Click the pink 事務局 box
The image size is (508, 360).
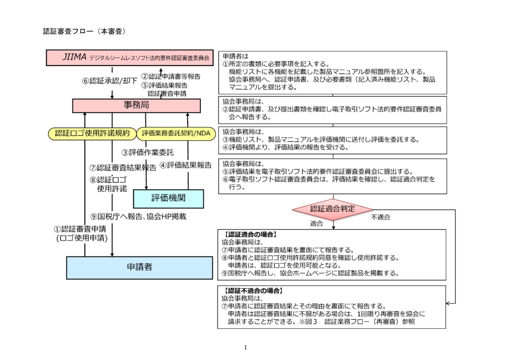tap(136, 106)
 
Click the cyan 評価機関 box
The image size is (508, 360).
tap(168, 198)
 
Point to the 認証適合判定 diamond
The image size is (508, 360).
tap(333, 209)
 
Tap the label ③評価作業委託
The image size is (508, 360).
tap(148, 152)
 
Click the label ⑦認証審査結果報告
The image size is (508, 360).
tap(123, 168)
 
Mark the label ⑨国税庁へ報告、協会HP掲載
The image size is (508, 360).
tap(138, 217)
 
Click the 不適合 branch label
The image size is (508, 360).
tap(381, 217)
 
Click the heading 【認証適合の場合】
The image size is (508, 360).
tap(250, 234)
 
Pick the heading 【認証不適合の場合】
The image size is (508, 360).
tap(254, 290)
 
